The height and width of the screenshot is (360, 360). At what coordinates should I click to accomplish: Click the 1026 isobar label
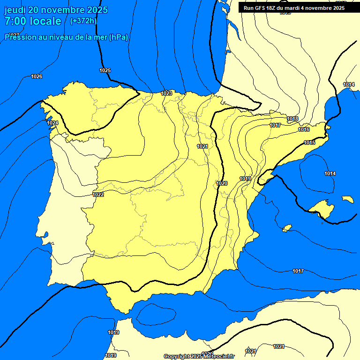click(37, 76)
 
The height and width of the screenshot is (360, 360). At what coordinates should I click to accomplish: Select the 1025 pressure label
click(105, 70)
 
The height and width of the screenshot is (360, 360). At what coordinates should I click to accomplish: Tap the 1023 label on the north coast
click(166, 93)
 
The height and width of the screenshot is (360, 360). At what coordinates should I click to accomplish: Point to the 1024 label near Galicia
click(52, 123)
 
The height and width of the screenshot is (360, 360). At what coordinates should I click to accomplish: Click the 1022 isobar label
click(98, 195)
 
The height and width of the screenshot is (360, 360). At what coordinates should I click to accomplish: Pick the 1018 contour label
click(293, 119)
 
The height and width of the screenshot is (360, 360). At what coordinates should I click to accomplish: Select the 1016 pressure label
click(304, 129)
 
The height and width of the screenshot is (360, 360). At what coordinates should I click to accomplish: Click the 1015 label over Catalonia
click(309, 142)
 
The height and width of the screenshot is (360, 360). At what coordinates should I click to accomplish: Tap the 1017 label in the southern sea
click(298, 271)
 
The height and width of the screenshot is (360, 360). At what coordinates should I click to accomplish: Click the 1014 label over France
click(348, 84)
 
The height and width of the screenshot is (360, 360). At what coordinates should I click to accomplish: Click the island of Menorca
click(348, 199)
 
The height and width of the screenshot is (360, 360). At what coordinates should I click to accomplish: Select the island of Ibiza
click(287, 228)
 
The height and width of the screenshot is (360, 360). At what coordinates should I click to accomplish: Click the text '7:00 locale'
click(33, 21)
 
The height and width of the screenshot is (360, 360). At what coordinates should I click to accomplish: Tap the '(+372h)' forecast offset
click(83, 21)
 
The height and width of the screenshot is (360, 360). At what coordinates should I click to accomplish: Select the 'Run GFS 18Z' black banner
click(293, 7)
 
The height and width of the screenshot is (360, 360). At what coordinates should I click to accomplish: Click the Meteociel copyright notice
click(199, 356)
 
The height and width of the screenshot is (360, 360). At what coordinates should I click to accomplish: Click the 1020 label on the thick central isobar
click(222, 183)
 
